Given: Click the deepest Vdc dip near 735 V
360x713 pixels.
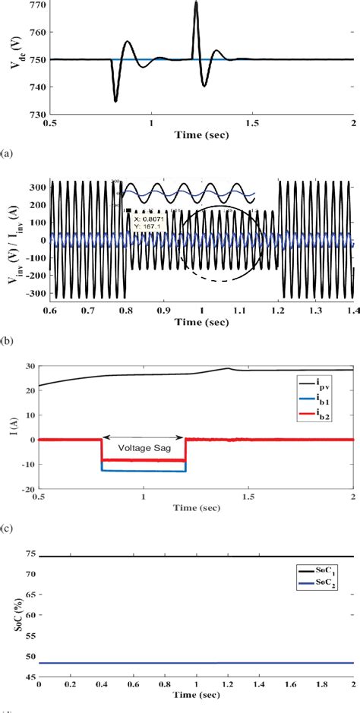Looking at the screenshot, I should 115,101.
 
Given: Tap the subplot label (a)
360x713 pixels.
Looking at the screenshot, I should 7,151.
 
